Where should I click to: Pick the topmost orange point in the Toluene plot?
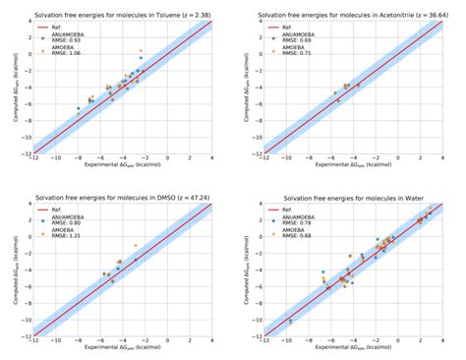[141, 50]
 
